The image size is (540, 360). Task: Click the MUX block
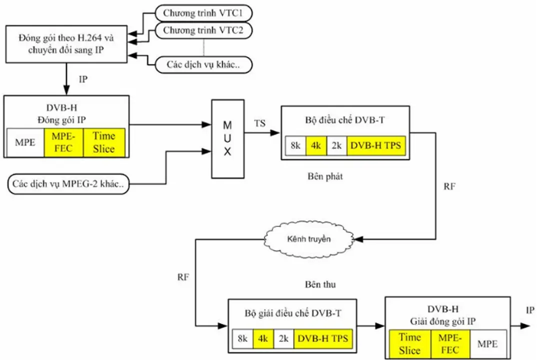227,138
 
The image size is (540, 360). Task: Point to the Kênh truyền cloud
308,239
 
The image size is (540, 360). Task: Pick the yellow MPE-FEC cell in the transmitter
63,142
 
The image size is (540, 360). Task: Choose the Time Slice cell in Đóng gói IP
103,142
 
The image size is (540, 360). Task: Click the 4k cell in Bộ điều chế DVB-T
316,146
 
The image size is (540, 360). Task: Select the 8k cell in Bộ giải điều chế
243,338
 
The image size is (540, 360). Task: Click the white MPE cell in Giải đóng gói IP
487,344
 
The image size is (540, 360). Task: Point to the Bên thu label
320,284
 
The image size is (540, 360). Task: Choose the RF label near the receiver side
183,277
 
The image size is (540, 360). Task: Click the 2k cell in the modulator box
337,146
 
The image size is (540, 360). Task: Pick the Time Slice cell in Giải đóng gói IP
409,344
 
